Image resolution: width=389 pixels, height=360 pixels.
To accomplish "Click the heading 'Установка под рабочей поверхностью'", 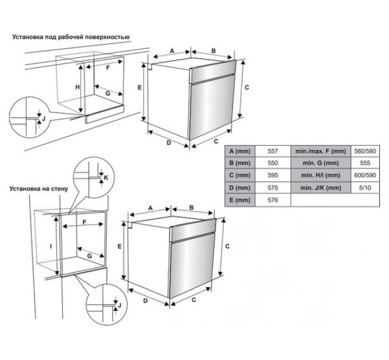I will pyautogui.click(x=71, y=37).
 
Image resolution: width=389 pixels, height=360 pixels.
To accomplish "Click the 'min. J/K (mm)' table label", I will pyautogui.click(x=320, y=187).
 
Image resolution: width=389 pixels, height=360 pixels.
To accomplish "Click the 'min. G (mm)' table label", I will pyautogui.click(x=320, y=163).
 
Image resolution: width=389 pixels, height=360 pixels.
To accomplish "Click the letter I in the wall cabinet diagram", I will pyautogui.click(x=51, y=246).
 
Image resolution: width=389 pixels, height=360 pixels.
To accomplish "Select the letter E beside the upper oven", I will pyautogui.click(x=139, y=87).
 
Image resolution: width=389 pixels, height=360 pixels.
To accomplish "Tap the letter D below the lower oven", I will pyautogui.click(x=145, y=300).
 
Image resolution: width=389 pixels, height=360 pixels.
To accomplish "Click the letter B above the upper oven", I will pyautogui.click(x=213, y=51).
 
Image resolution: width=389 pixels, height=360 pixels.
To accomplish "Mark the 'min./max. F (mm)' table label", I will pyautogui.click(x=320, y=151).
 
